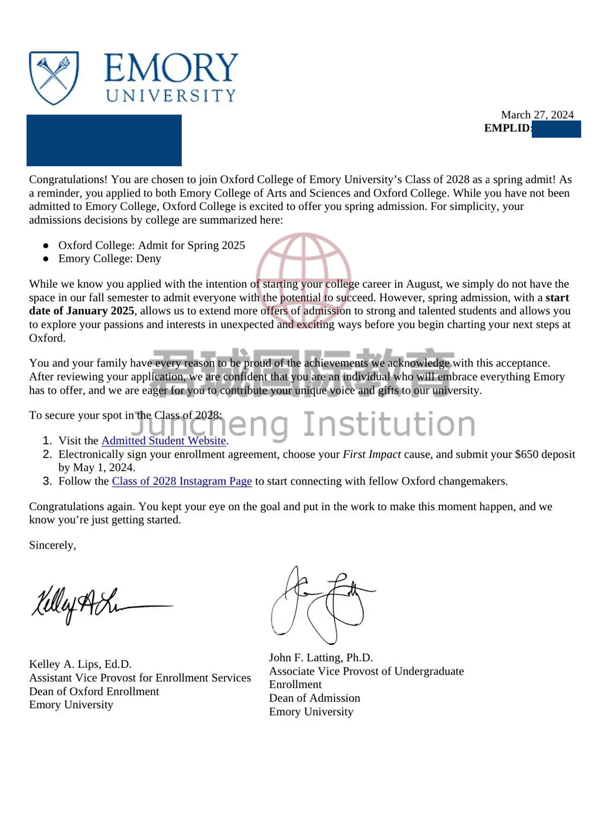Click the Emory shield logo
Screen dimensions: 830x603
click(54, 78)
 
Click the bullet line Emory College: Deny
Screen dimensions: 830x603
click(109, 259)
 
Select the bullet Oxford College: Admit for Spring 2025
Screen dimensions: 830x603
click(151, 245)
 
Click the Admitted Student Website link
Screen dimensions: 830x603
click(164, 441)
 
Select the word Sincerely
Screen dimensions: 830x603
click(52, 545)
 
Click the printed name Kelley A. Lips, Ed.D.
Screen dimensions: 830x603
click(80, 664)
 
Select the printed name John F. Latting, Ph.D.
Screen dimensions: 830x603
click(321, 658)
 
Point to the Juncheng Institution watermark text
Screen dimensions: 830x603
click(303, 424)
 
